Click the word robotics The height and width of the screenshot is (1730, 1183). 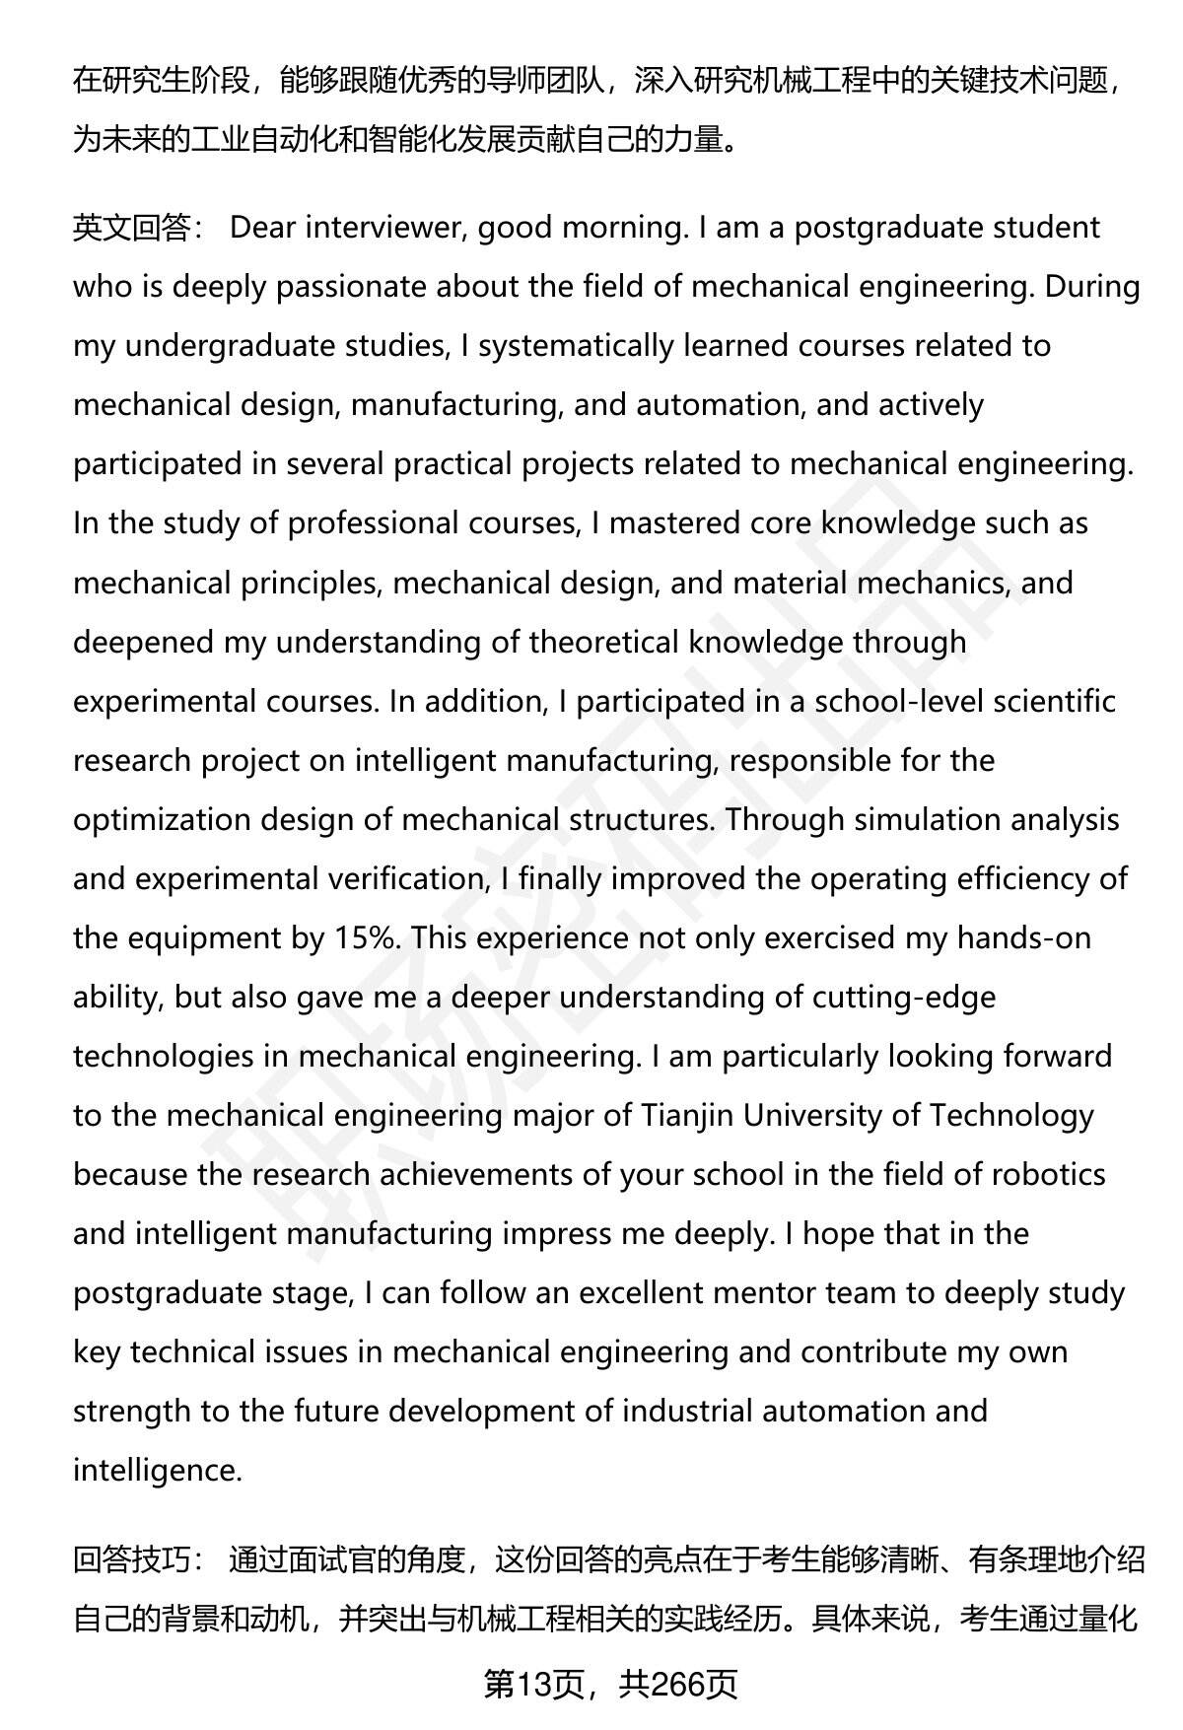tap(1047, 1175)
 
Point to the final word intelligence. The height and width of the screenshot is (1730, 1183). tap(157, 1471)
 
